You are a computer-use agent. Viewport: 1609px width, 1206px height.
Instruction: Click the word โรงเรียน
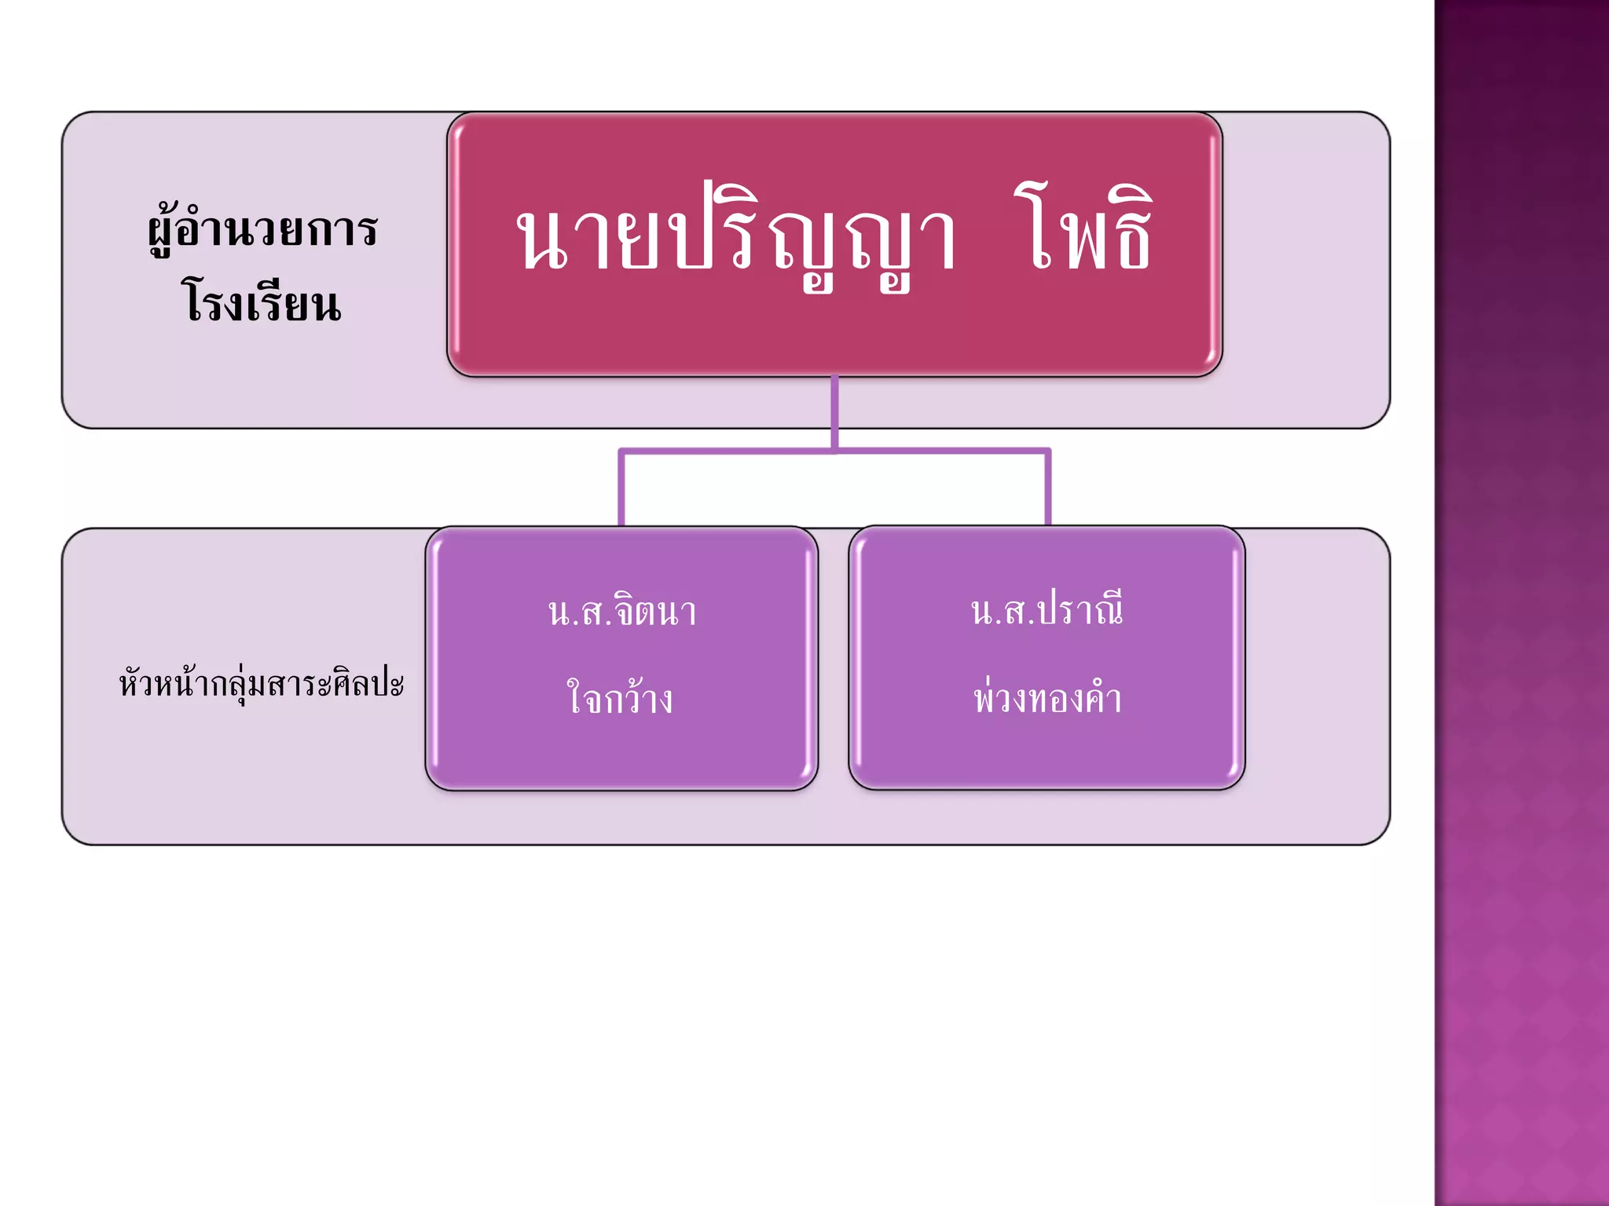pos(262,302)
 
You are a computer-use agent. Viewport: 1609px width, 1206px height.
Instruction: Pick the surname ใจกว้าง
pos(620,698)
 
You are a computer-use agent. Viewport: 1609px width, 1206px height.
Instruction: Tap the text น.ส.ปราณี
pos(1046,611)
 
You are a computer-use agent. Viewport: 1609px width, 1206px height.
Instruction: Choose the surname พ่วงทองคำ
pos(1047,698)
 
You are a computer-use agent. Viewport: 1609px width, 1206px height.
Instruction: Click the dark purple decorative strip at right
pos(1521,603)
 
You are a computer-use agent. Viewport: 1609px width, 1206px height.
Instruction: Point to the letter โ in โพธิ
pos(1035,228)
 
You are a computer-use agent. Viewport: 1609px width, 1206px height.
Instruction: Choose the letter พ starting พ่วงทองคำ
pos(985,699)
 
